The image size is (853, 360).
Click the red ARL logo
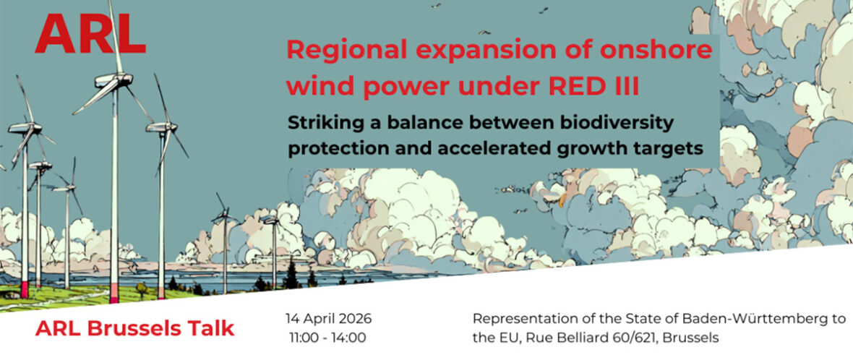pos(90,34)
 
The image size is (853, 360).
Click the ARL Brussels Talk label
pos(135,328)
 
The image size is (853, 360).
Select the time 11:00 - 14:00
pos(328,338)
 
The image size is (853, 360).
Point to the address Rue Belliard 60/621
pos(599,338)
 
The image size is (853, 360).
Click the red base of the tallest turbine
pos(113,292)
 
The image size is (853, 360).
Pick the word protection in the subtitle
pos(327,149)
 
